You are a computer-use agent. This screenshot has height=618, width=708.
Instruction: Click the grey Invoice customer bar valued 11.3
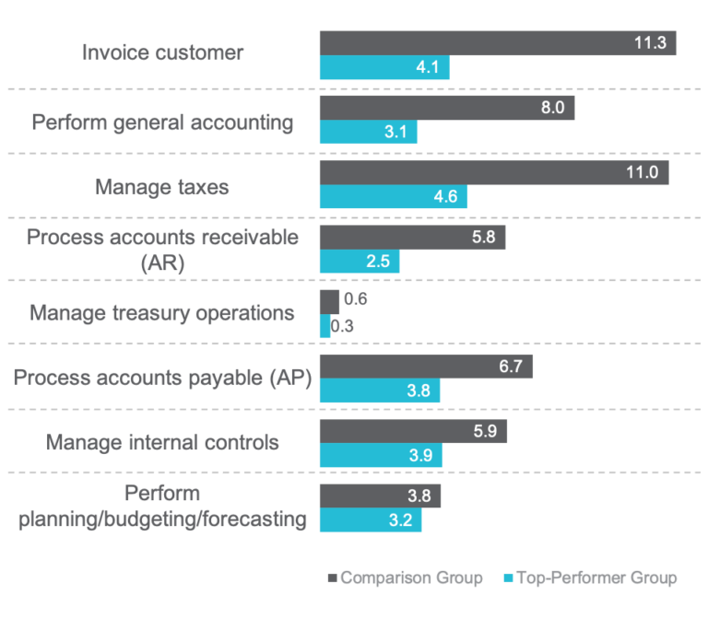pos(497,43)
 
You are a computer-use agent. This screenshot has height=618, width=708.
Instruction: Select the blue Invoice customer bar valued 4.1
pos(383,68)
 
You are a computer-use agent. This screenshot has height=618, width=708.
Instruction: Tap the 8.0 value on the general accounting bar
pos(552,108)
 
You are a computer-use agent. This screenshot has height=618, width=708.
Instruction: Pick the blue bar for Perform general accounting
pos(368,133)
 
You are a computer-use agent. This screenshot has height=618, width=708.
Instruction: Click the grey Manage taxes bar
pos(493,172)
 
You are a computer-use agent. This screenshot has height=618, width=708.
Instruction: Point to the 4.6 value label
pos(445,197)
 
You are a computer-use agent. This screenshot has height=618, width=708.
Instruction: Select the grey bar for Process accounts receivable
pos(412,238)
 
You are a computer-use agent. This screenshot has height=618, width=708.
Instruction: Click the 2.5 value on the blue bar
pos(378,262)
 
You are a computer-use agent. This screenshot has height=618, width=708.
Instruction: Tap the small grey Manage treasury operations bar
pos(329,301)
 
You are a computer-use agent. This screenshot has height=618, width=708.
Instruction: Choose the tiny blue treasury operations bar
pos(324,326)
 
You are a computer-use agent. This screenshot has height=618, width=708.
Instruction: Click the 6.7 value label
pos(510,367)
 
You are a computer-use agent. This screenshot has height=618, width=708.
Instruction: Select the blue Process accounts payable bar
pos(379,391)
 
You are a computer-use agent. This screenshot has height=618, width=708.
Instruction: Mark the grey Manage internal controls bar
pos(413,431)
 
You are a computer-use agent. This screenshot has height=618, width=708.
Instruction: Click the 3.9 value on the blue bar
pos(419,456)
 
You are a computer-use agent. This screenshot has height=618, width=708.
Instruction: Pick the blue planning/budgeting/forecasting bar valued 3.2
pos(370,520)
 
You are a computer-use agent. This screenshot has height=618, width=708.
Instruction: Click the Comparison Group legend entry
pos(411,578)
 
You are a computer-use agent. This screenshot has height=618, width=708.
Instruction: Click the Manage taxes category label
pos(162,187)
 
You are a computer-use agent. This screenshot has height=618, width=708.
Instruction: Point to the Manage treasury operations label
pos(162,313)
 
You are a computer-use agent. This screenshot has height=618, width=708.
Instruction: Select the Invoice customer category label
pos(163,52)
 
